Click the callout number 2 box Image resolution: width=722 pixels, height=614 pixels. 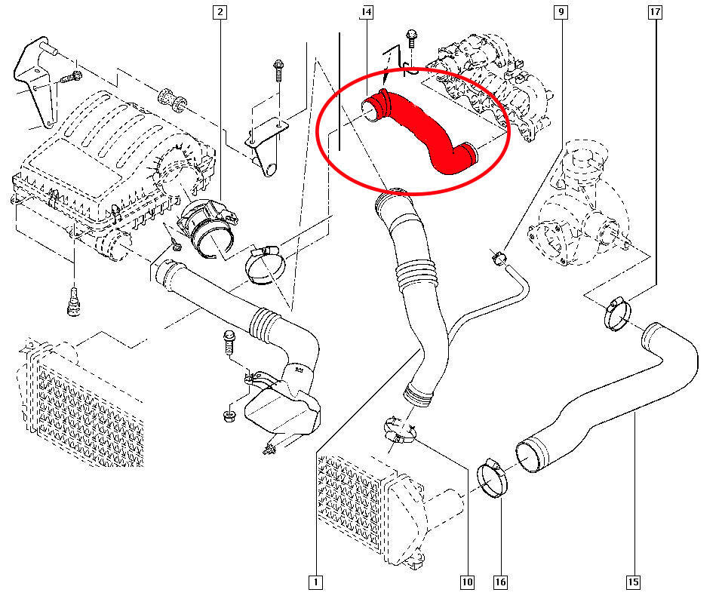coord(219,12)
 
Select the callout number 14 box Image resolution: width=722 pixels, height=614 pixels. coord(367,12)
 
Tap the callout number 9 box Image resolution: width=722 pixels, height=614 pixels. coord(560,12)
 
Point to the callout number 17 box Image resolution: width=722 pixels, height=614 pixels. coord(655,12)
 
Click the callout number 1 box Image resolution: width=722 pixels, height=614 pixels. coord(315,582)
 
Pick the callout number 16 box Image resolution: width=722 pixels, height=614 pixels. coord(501,582)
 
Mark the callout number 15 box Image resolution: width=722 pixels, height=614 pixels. coord(632,582)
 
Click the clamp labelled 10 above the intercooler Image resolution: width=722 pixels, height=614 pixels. coord(400,430)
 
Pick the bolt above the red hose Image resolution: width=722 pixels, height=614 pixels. coord(411,41)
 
